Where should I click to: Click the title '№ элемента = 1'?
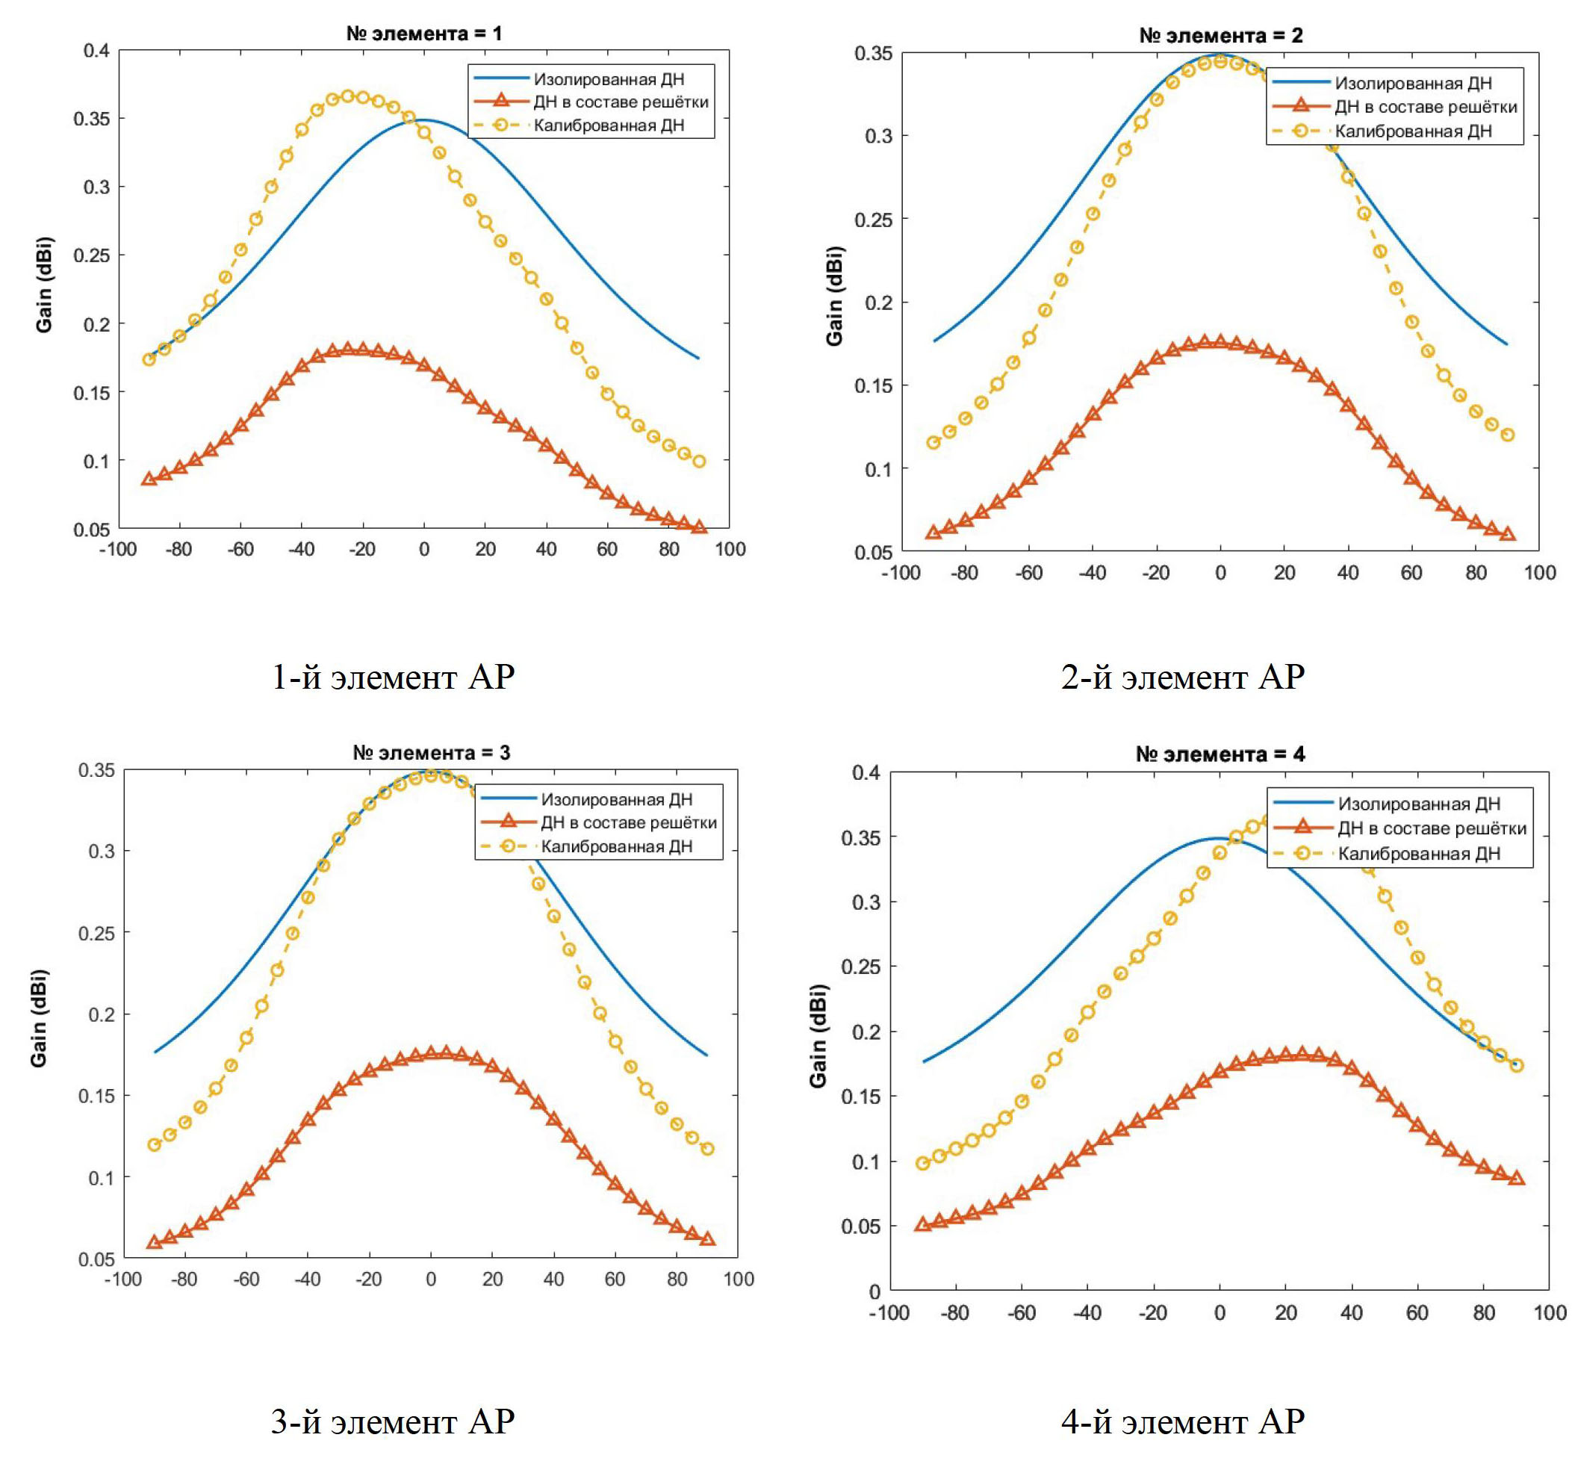pyautogui.click(x=424, y=34)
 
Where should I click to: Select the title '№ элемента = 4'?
pyautogui.click(x=1220, y=754)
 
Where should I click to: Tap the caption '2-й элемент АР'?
pyautogui.click(x=1182, y=677)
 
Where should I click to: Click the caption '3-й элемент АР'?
pyautogui.click(x=392, y=1421)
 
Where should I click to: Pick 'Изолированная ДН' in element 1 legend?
pyautogui.click(x=609, y=79)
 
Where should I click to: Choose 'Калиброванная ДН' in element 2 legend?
pyautogui.click(x=1414, y=131)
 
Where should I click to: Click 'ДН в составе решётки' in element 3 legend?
pyautogui.click(x=628, y=822)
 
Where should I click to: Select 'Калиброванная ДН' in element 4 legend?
pyautogui.click(x=1419, y=853)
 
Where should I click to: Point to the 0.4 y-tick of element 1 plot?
pyautogui.click(x=96, y=51)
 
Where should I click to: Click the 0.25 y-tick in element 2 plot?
pyautogui.click(x=873, y=220)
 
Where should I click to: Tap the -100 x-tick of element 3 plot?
pyautogui.click(x=122, y=1279)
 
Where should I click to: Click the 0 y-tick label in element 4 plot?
pyautogui.click(x=875, y=1291)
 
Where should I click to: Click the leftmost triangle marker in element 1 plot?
pyautogui.click(x=149, y=479)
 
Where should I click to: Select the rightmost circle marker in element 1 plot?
pyautogui.click(x=699, y=461)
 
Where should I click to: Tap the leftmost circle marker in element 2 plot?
pyautogui.click(x=933, y=442)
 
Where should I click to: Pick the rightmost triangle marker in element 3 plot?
pyautogui.click(x=707, y=1238)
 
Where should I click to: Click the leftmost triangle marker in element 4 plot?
pyautogui.click(x=922, y=1224)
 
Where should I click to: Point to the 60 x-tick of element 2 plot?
pyautogui.click(x=1411, y=572)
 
